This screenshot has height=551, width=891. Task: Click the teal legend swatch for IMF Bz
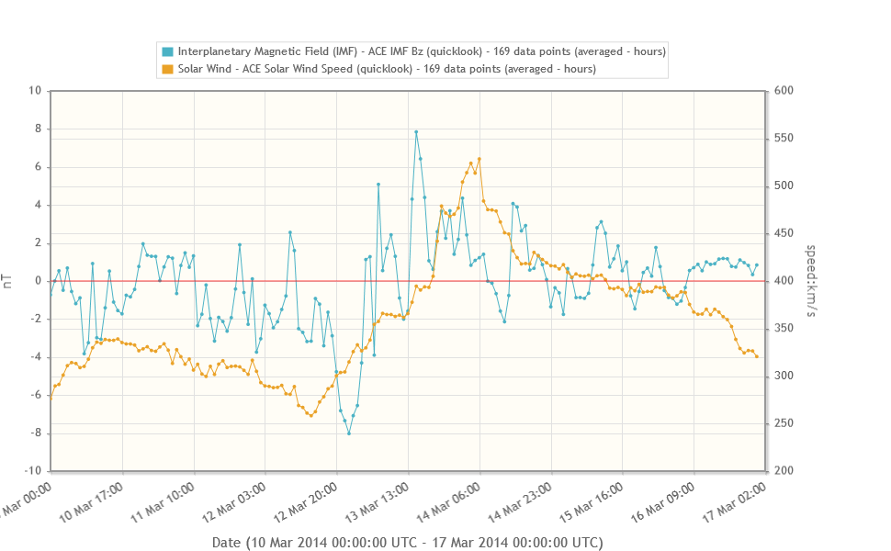click(167, 51)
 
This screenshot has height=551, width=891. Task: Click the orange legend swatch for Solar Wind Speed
click(167, 69)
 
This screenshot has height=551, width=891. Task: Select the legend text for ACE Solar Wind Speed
click(386, 69)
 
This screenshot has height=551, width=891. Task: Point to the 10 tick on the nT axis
click(35, 91)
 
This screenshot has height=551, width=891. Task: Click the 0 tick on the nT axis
click(37, 281)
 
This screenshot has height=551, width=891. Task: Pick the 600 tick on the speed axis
click(785, 91)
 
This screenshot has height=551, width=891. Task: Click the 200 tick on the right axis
click(785, 471)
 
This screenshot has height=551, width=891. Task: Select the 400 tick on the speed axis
click(785, 281)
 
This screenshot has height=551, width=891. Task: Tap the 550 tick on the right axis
click(785, 139)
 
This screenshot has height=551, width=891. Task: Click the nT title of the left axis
click(9, 281)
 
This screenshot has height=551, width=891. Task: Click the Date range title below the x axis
click(407, 543)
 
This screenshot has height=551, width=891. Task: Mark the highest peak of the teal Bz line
click(416, 131)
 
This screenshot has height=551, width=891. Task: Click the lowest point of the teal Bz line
click(349, 433)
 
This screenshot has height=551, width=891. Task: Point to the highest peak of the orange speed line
click(479, 159)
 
